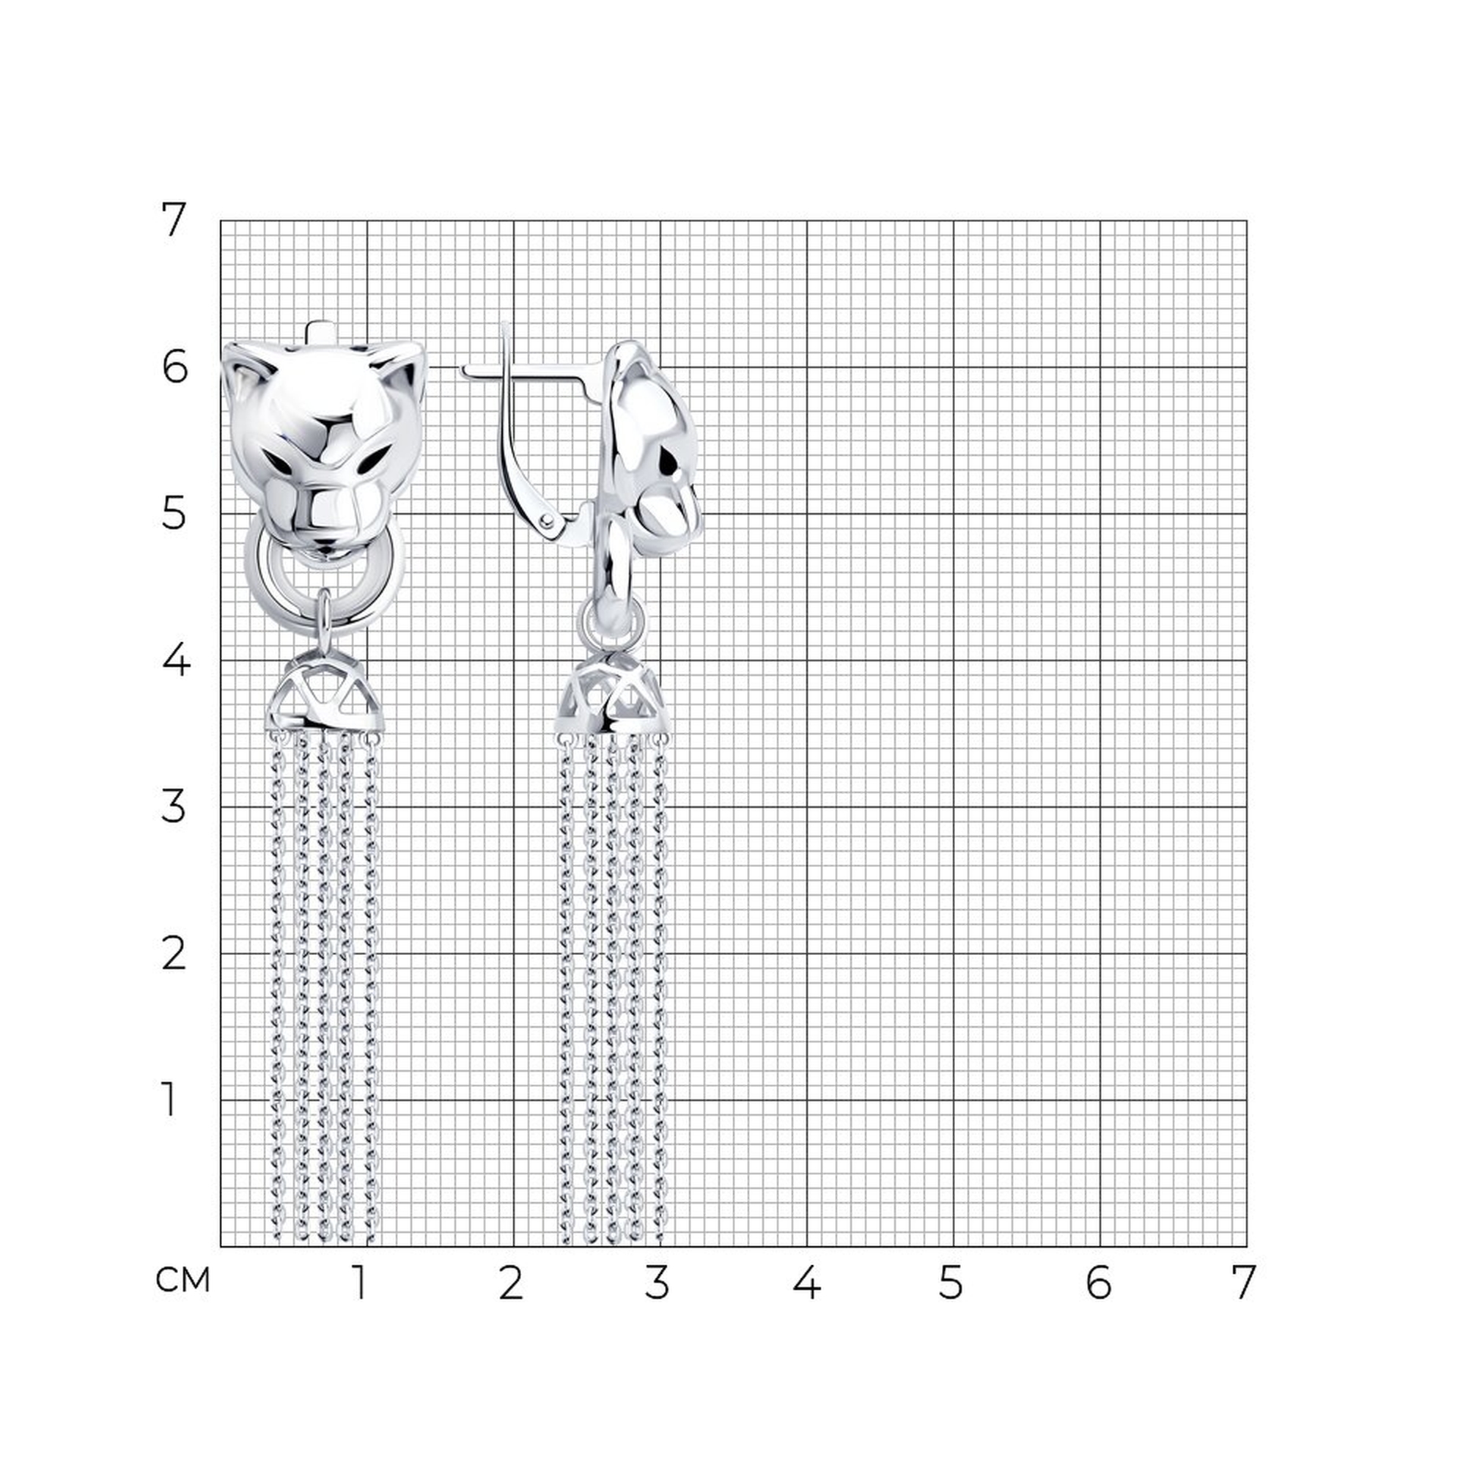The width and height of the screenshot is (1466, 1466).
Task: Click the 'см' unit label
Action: click(x=182, y=1281)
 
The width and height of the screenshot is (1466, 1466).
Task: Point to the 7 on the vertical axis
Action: click(x=174, y=221)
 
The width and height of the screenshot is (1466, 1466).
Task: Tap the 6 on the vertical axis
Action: click(x=174, y=367)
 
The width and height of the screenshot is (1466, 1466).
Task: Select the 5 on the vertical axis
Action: click(x=174, y=514)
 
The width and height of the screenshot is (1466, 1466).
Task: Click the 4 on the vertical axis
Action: click(x=175, y=660)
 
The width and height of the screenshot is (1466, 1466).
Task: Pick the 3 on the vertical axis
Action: click(x=174, y=806)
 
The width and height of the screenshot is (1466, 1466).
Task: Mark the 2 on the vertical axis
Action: click(x=174, y=954)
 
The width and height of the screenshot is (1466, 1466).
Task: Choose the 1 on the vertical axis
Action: click(x=169, y=1099)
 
